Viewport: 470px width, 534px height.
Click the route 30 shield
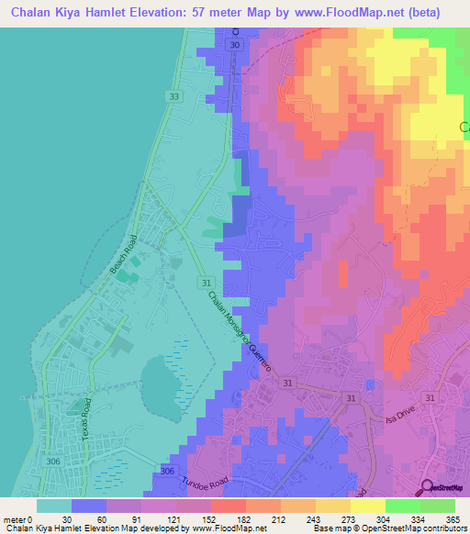click(236, 45)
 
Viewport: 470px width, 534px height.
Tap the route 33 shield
click(174, 95)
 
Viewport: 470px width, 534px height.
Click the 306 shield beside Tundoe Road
click(166, 471)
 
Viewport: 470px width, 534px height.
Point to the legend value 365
click(451, 520)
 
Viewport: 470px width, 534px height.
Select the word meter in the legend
click(14, 520)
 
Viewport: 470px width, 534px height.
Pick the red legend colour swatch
click(228, 506)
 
